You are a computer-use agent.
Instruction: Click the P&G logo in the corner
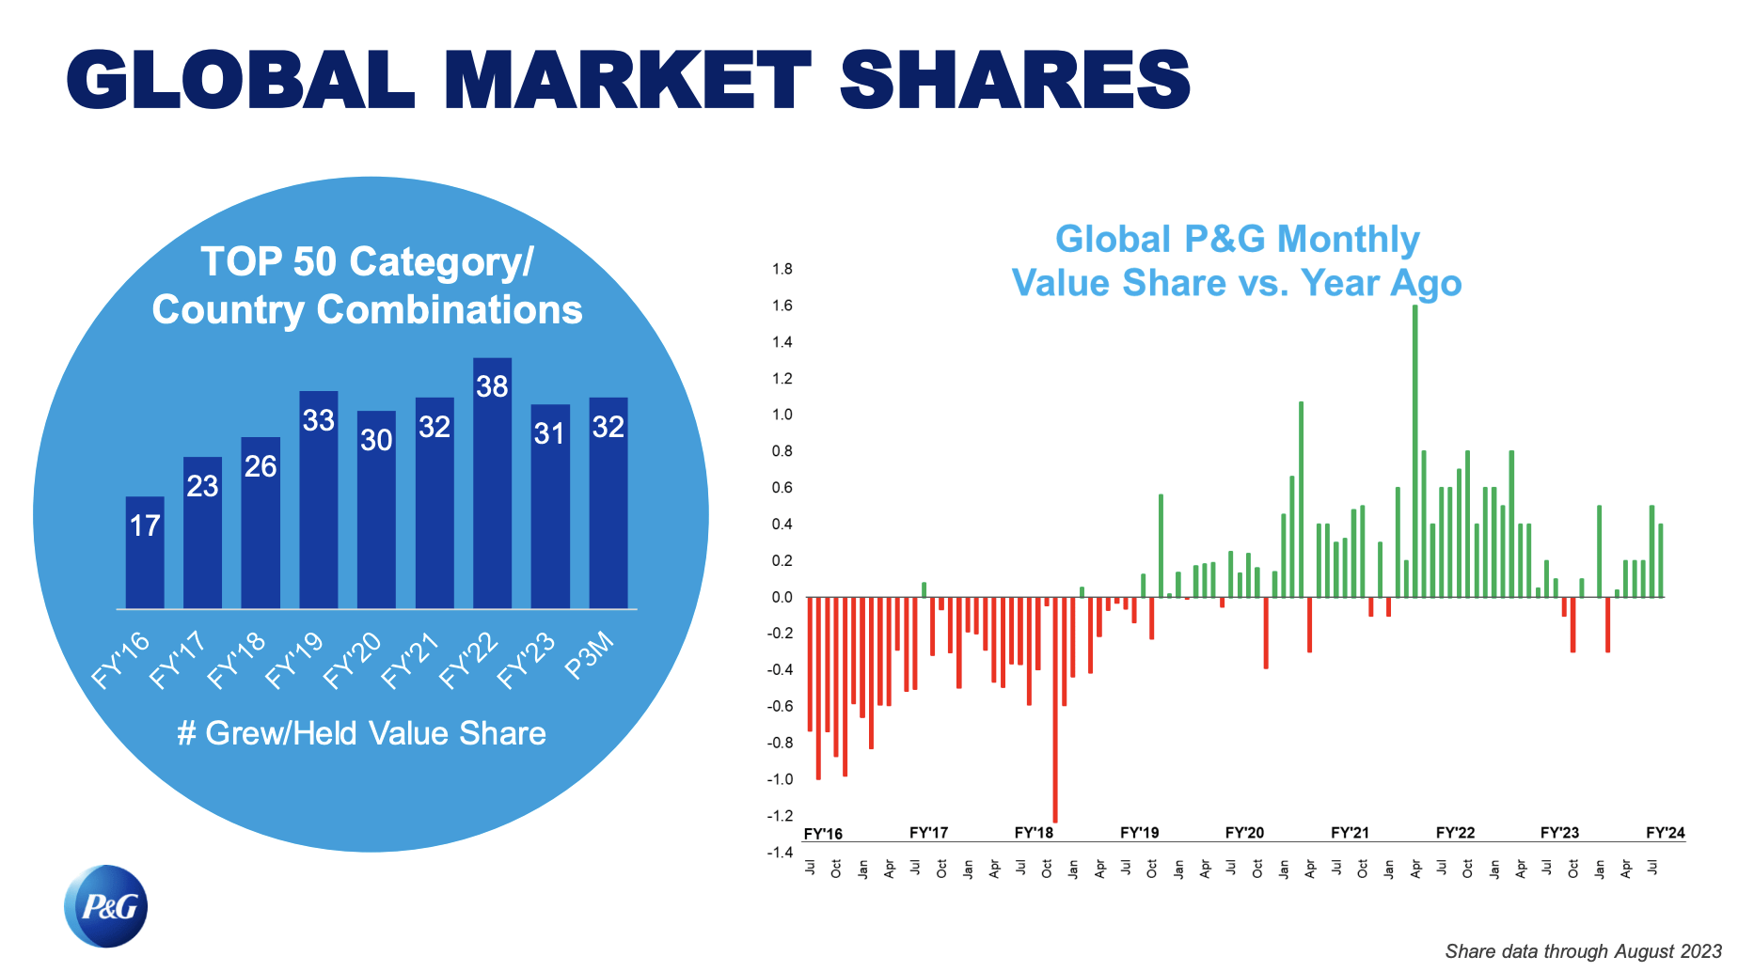pos(106,906)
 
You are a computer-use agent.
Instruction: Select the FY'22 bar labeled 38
pos(492,483)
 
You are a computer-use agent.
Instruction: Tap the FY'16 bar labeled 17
pos(145,553)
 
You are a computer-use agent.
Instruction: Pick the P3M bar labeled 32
pos(608,503)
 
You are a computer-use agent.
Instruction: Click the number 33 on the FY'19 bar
pos(318,420)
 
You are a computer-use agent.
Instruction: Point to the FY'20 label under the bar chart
pos(353,661)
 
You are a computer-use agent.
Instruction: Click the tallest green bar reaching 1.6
pos(1414,451)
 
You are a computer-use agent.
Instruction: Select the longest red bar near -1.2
pos(1054,710)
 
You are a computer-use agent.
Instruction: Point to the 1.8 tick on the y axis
pos(782,269)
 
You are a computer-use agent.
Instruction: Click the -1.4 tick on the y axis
pos(780,853)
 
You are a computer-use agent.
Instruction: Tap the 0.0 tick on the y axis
pos(782,597)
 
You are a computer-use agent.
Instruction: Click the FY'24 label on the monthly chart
pos(1665,833)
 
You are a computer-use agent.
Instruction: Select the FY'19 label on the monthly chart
pos(1139,833)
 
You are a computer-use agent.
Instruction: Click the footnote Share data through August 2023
pos(1583,951)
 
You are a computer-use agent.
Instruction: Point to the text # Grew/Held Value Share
pos(362,733)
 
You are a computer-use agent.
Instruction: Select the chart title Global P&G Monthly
pos(1237,239)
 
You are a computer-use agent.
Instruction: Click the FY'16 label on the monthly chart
pos(823,835)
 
